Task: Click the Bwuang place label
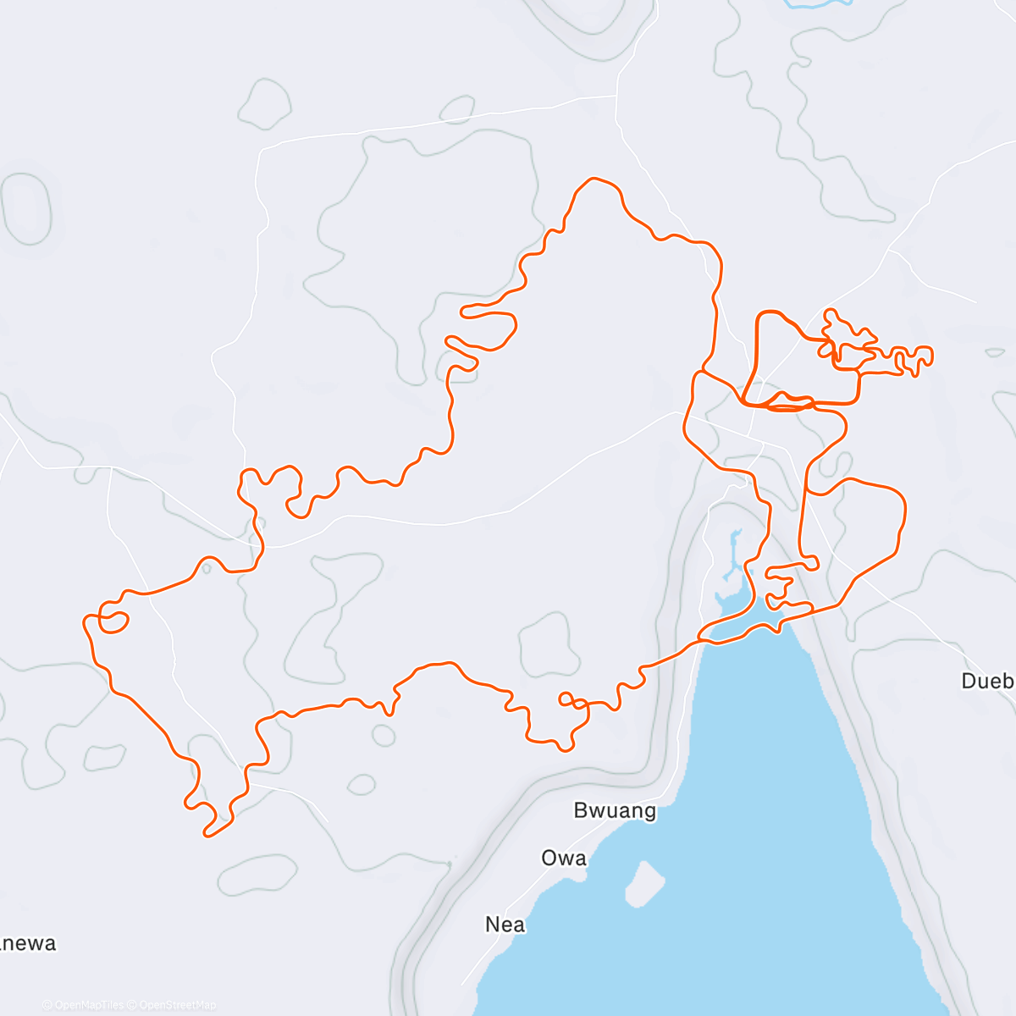(615, 810)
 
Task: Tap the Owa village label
(564, 858)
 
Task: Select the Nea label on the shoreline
(505, 925)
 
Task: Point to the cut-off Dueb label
(987, 681)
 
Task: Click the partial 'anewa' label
(29, 943)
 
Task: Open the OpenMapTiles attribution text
(84, 1005)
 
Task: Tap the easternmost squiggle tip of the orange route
(930, 356)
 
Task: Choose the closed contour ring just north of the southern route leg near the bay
(549, 644)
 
